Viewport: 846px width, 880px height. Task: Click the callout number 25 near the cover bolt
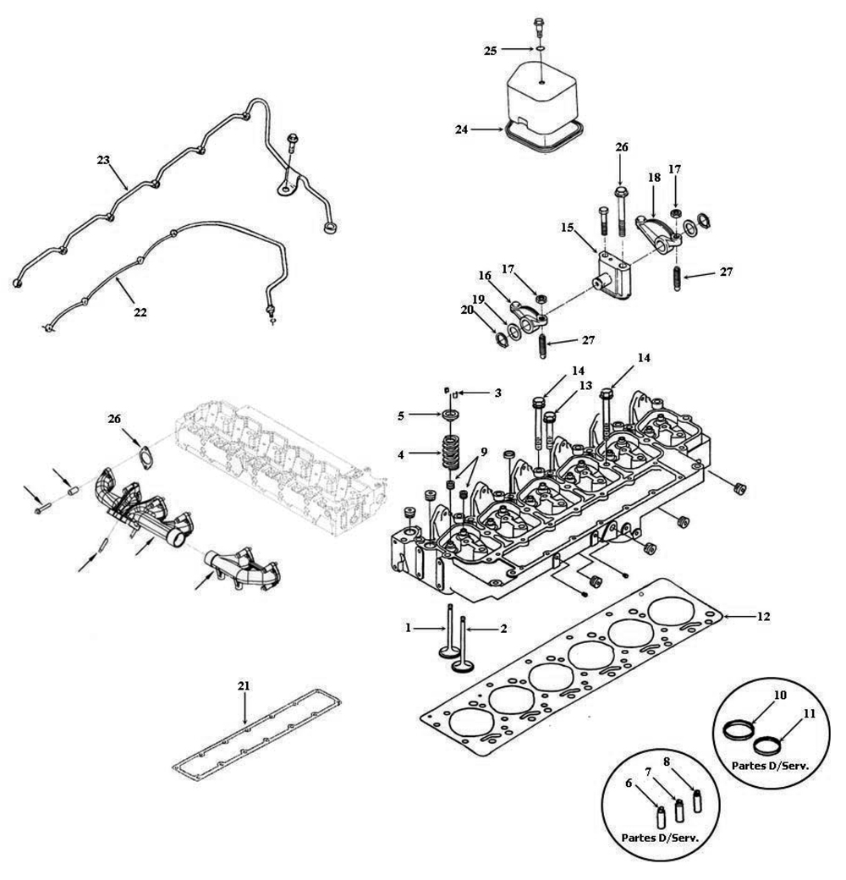(491, 51)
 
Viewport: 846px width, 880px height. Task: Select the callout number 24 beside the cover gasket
(461, 129)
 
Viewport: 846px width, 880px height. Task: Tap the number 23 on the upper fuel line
(103, 160)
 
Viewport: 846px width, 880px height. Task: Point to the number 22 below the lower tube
(140, 312)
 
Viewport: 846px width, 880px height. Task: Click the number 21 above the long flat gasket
(244, 686)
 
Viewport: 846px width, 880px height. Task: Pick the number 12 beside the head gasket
(764, 616)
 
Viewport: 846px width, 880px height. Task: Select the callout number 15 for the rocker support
(567, 228)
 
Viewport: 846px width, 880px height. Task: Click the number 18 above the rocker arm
(654, 178)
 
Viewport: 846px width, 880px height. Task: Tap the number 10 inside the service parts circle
(780, 696)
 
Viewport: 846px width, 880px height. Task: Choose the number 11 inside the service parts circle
(809, 714)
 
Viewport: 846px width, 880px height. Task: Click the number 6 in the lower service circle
(629, 784)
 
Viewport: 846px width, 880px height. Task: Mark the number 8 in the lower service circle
(667, 762)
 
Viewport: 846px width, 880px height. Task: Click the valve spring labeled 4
(449, 452)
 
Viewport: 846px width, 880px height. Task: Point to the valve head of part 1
(448, 652)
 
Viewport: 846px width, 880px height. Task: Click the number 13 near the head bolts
(585, 386)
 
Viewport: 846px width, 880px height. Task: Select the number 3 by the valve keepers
(498, 393)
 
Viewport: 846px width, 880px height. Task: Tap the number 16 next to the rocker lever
(485, 276)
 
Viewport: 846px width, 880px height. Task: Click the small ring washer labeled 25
(539, 49)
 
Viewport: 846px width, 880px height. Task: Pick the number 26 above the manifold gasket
(114, 419)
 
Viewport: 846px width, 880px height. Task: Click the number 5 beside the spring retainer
(401, 415)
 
